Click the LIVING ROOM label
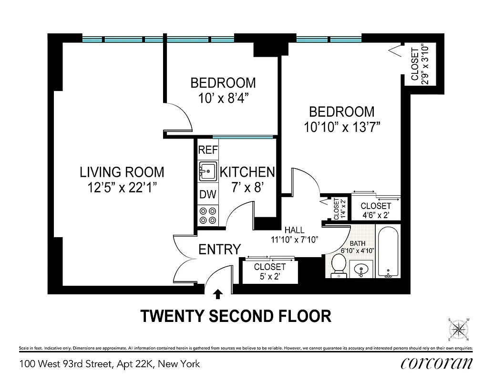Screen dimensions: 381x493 pyautogui.click(x=122, y=172)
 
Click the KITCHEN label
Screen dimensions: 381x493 pyautogui.click(x=247, y=172)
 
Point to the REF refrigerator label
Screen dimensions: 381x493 pyautogui.click(x=208, y=150)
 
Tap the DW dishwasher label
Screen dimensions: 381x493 pyautogui.click(x=208, y=194)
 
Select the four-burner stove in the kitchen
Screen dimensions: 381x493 pyautogui.click(x=208, y=215)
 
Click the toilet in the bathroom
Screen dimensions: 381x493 pyautogui.click(x=339, y=265)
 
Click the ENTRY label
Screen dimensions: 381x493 pyautogui.click(x=219, y=249)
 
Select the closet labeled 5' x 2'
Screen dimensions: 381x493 pyautogui.click(x=269, y=271)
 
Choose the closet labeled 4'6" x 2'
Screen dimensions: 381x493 pyautogui.click(x=376, y=210)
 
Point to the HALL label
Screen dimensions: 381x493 pyautogui.click(x=294, y=230)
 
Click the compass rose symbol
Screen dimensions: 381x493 pyautogui.click(x=459, y=330)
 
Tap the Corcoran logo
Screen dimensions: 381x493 pyautogui.click(x=437, y=363)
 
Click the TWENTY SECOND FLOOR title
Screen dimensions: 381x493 pyautogui.click(x=236, y=316)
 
